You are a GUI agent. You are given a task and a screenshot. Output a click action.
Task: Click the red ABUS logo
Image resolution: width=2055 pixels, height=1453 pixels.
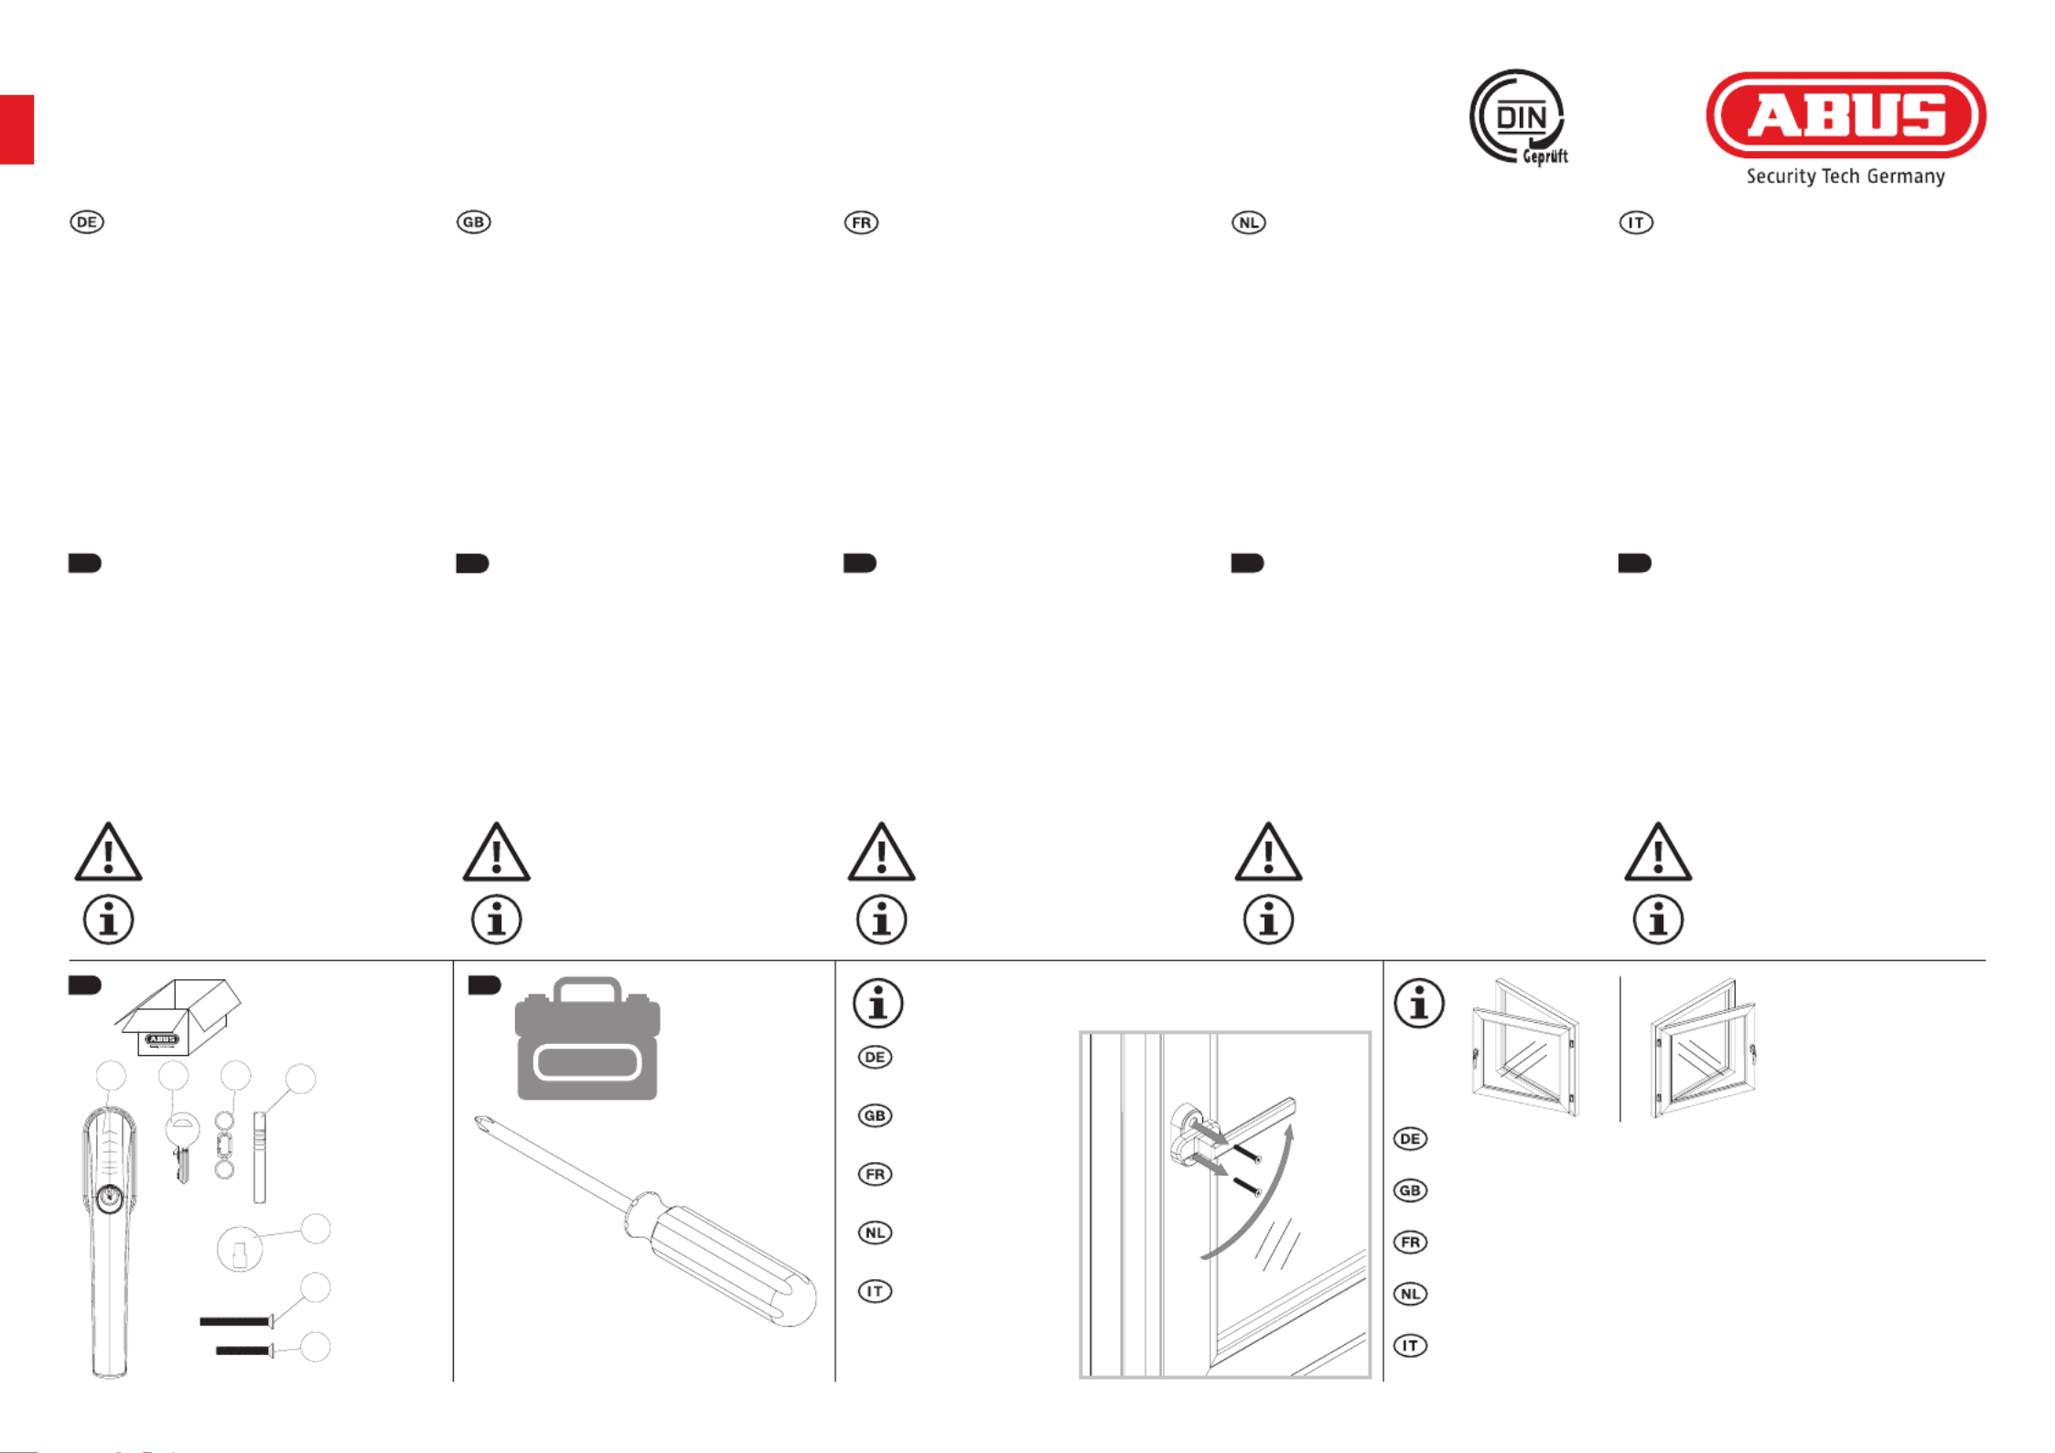[x=1845, y=115]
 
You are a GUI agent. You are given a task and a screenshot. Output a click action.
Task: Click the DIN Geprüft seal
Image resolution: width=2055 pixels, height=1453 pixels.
[x=1519, y=118]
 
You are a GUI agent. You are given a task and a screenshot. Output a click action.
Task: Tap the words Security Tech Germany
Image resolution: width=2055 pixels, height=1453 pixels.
[x=1845, y=177]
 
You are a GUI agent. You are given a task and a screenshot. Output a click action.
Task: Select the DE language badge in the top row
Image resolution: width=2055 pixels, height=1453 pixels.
[x=87, y=222]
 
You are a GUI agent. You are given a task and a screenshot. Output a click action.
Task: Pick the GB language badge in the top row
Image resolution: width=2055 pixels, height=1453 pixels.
[x=474, y=222]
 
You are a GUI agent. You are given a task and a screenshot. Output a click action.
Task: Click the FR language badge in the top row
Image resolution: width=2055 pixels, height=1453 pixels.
[x=861, y=222]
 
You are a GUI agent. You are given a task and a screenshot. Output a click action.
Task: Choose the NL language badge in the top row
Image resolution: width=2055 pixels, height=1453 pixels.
[x=1249, y=222]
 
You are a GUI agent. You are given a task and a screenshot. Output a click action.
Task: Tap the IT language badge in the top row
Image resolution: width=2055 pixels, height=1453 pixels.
[x=1636, y=222]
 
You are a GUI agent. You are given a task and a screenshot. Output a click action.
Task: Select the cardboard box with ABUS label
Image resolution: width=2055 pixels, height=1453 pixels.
[x=178, y=1017]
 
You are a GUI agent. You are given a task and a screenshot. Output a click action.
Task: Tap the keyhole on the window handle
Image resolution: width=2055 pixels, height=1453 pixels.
[x=109, y=1196]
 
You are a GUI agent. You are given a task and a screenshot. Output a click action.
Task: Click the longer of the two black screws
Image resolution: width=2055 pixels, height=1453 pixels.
[x=236, y=1321]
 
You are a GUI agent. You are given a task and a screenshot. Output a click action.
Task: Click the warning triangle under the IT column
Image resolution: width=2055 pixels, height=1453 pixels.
[x=1658, y=852]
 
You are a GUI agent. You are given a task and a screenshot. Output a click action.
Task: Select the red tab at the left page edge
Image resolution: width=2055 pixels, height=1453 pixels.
[x=16, y=130]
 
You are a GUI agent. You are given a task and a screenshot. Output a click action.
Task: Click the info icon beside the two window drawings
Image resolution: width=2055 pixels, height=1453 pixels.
[x=1419, y=1004]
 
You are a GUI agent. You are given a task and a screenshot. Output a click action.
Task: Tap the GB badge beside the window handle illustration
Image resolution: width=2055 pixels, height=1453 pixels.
[x=875, y=1115]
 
